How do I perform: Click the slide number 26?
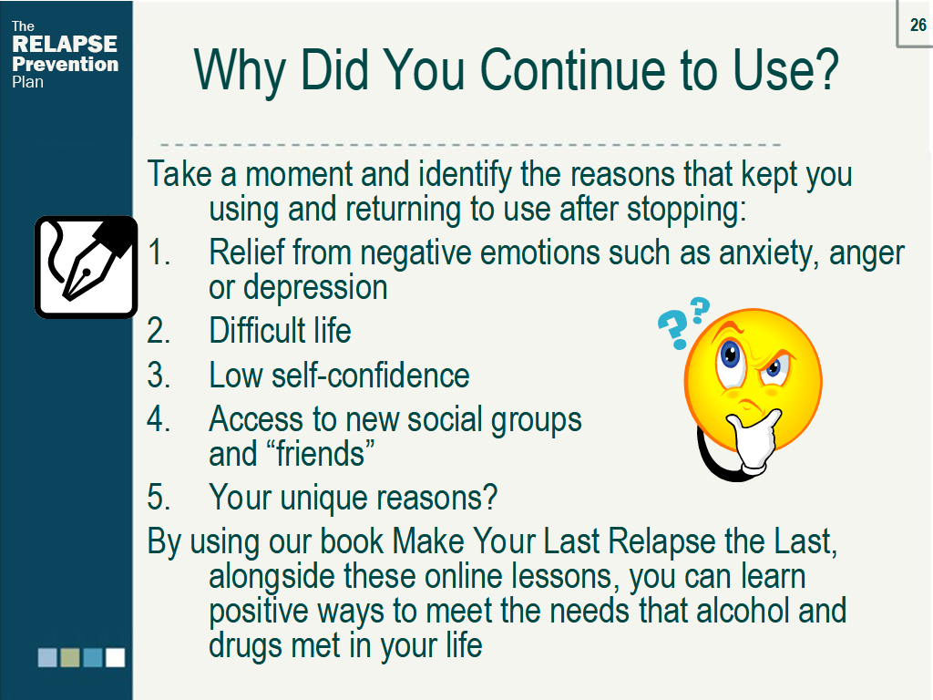(918, 25)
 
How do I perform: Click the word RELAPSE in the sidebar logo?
(65, 45)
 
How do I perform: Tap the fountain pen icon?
(86, 266)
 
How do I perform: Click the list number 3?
(159, 375)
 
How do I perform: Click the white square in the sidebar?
(115, 657)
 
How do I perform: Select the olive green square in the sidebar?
(70, 657)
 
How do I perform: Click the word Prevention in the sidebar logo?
(66, 64)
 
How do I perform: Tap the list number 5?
(159, 497)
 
